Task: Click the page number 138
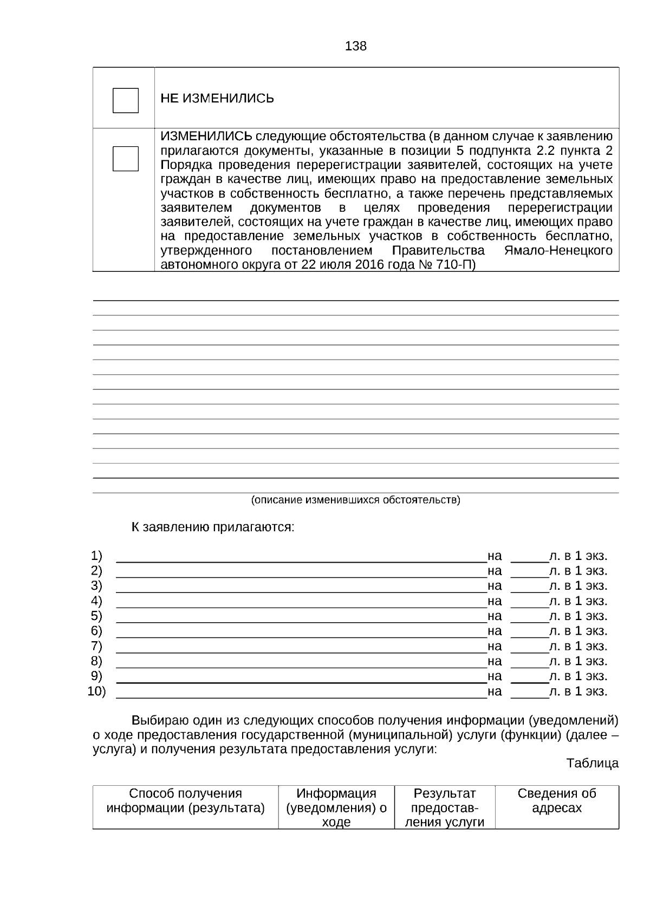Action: point(355,47)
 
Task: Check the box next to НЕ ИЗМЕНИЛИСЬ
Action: point(125,100)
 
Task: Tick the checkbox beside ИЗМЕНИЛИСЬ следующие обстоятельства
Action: point(125,158)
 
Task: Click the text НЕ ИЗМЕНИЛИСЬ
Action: point(217,99)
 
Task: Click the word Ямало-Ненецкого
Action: point(558,251)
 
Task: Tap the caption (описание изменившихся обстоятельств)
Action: point(355,500)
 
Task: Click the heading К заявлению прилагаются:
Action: point(213,527)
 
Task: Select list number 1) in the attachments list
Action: point(96,556)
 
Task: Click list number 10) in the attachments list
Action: point(96,692)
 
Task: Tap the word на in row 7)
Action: point(495,646)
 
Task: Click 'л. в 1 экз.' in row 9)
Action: point(578,676)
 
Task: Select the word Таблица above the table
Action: point(592,764)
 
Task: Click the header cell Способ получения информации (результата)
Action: point(185,801)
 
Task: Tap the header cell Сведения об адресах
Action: point(557,801)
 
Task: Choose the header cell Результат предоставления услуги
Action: point(445,807)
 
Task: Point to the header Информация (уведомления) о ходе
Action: point(336,807)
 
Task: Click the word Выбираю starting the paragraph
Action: point(159,721)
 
